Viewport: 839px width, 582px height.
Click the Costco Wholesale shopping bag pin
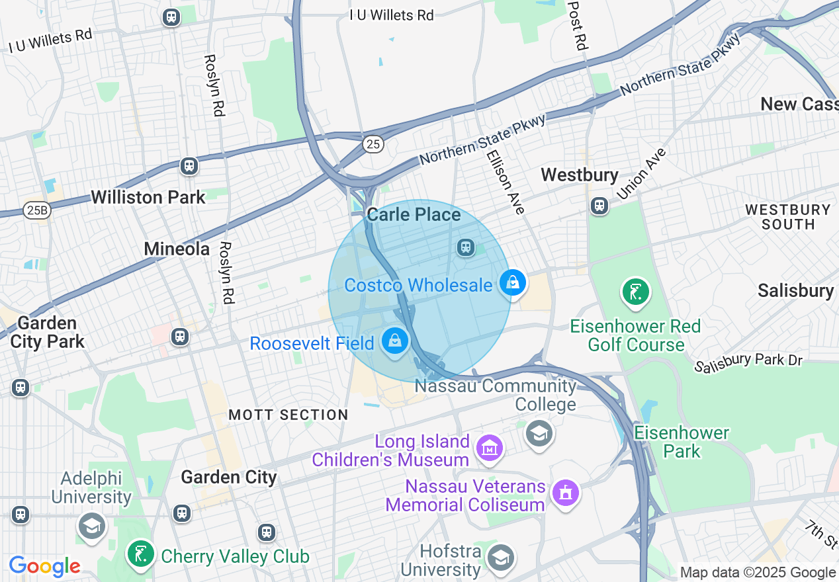513,283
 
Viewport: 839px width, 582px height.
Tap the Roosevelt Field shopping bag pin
395,341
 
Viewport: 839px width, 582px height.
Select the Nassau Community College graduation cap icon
539,434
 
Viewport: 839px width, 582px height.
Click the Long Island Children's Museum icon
490,449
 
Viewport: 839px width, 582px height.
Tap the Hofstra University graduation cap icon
501,558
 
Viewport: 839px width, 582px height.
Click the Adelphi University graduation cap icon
91,526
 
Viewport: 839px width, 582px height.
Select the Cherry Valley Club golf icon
141,554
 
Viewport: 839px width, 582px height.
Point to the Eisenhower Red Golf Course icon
635,291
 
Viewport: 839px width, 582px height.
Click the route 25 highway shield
373,144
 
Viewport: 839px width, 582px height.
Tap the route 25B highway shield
36,210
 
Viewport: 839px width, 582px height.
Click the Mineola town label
177,249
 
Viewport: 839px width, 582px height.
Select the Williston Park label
148,197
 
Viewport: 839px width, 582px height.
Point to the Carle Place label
414,214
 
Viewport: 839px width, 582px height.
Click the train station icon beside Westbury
599,206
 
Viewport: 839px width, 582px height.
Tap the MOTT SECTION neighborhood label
288,415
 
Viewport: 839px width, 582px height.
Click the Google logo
44,566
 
